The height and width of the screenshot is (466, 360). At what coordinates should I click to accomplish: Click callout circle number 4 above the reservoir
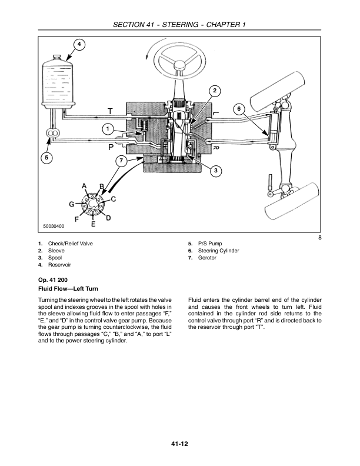(x=79, y=45)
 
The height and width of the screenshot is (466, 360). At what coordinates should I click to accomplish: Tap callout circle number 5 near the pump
(x=46, y=158)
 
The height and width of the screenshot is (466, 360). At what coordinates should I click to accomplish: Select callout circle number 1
(x=108, y=129)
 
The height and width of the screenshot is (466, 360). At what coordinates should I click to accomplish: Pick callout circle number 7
(x=121, y=161)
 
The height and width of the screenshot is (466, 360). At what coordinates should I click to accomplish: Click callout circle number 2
(x=215, y=91)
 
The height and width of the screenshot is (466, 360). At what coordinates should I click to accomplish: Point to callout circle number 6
(x=239, y=109)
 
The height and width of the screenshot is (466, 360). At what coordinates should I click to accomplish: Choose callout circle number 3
(x=216, y=170)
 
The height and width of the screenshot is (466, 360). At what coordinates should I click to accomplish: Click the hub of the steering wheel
(x=180, y=65)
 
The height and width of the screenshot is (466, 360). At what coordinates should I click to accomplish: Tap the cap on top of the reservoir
(x=57, y=57)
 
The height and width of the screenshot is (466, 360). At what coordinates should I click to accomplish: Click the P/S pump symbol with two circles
(x=52, y=133)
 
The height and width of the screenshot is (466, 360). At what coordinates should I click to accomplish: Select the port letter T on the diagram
(x=110, y=111)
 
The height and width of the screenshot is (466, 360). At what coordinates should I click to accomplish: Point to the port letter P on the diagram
(x=111, y=147)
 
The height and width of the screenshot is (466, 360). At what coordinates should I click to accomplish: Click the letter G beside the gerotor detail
(x=72, y=204)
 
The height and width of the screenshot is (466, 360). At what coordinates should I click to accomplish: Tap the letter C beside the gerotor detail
(x=113, y=199)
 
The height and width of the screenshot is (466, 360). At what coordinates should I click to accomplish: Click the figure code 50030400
(x=54, y=226)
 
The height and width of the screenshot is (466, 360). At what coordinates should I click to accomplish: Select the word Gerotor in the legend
(x=207, y=258)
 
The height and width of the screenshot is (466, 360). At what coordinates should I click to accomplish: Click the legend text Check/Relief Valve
(x=71, y=244)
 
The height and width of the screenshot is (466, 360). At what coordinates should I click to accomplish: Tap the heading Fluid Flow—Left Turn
(x=68, y=288)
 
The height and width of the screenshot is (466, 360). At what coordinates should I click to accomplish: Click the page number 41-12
(x=179, y=444)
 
